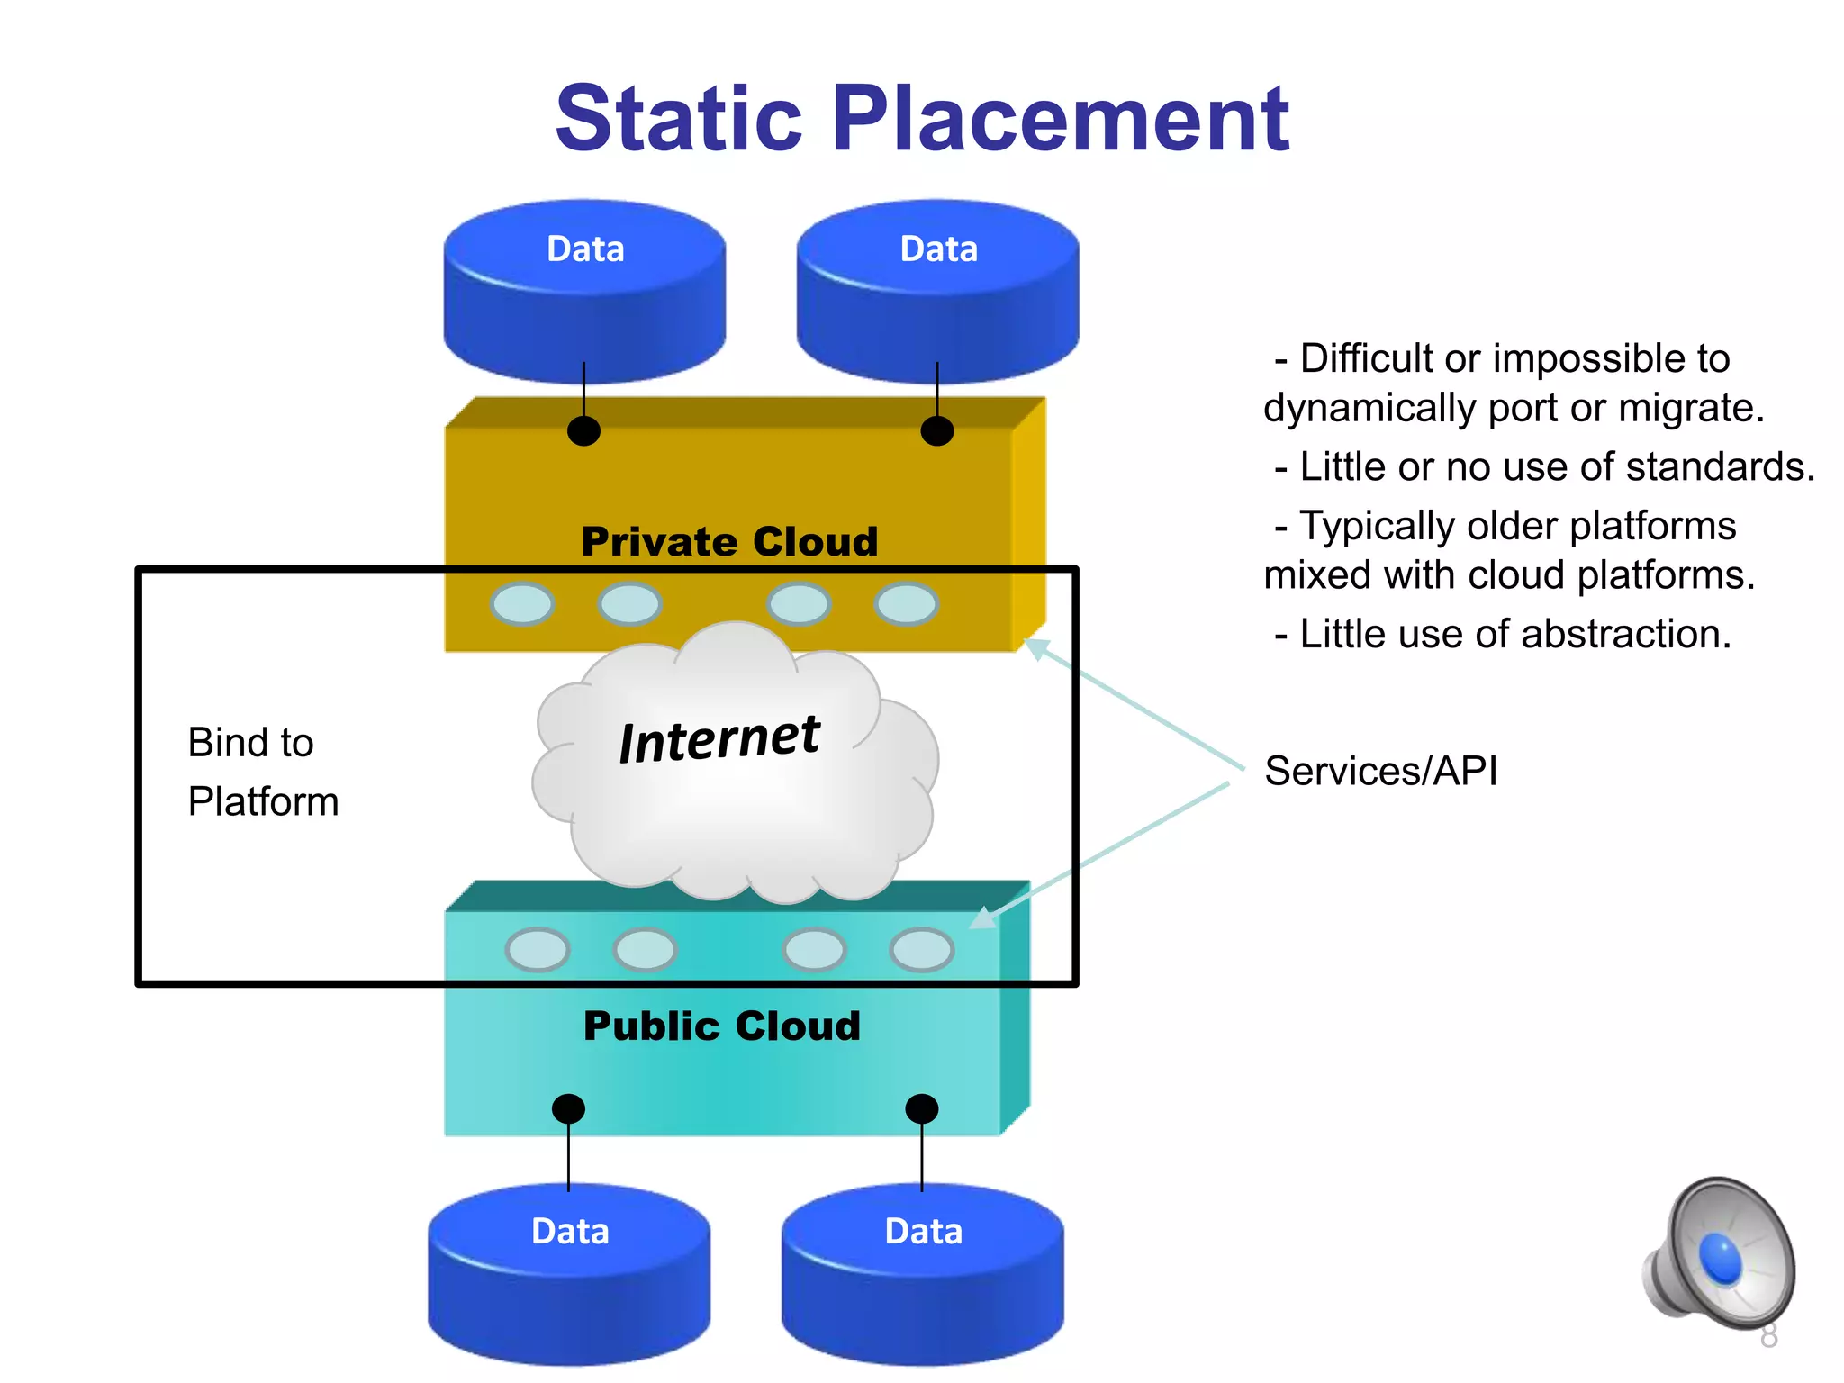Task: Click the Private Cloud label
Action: (729, 541)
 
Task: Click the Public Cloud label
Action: (722, 1026)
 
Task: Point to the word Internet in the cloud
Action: (719, 739)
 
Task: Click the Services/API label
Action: (1380, 771)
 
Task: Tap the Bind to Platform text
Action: (262, 772)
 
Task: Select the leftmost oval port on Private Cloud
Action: (522, 603)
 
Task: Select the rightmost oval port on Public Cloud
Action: (921, 949)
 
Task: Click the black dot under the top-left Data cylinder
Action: (583, 430)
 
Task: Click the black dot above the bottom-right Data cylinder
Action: (921, 1108)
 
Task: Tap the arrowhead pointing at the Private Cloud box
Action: (1036, 647)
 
